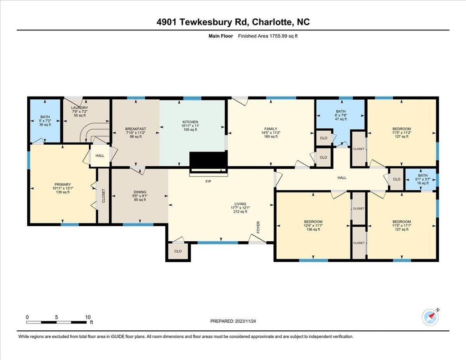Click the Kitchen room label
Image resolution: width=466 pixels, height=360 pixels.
pos(190,122)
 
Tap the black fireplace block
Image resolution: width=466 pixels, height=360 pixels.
pos(208,160)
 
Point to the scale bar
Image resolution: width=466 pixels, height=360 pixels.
pos(56,322)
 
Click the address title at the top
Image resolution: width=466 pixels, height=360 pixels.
pos(233,22)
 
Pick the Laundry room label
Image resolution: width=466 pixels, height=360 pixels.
pos(80,107)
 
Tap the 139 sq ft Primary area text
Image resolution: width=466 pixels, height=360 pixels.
pos(62,192)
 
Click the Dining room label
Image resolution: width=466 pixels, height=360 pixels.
pos(140,192)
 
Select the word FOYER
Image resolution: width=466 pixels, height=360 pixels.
pos(258,227)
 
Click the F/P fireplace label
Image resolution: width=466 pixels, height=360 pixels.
pos(208,181)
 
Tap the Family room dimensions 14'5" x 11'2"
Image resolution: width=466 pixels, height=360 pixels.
pos(271,132)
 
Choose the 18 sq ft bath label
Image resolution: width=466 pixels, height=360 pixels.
pos(423,183)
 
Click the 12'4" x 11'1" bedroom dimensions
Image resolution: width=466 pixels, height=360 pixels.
pos(313,226)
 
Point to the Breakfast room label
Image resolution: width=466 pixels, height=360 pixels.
pos(136,129)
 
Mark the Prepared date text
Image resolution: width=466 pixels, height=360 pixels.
pos(233,321)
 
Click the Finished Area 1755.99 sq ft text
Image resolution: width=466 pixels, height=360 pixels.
pos(268,36)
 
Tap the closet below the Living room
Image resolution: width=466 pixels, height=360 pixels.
pos(178,252)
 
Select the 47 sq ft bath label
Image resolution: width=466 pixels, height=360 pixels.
pos(340,119)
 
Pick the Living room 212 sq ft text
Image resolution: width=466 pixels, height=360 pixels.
pos(240,212)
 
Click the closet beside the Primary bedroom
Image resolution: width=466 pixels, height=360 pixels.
pos(103,196)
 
